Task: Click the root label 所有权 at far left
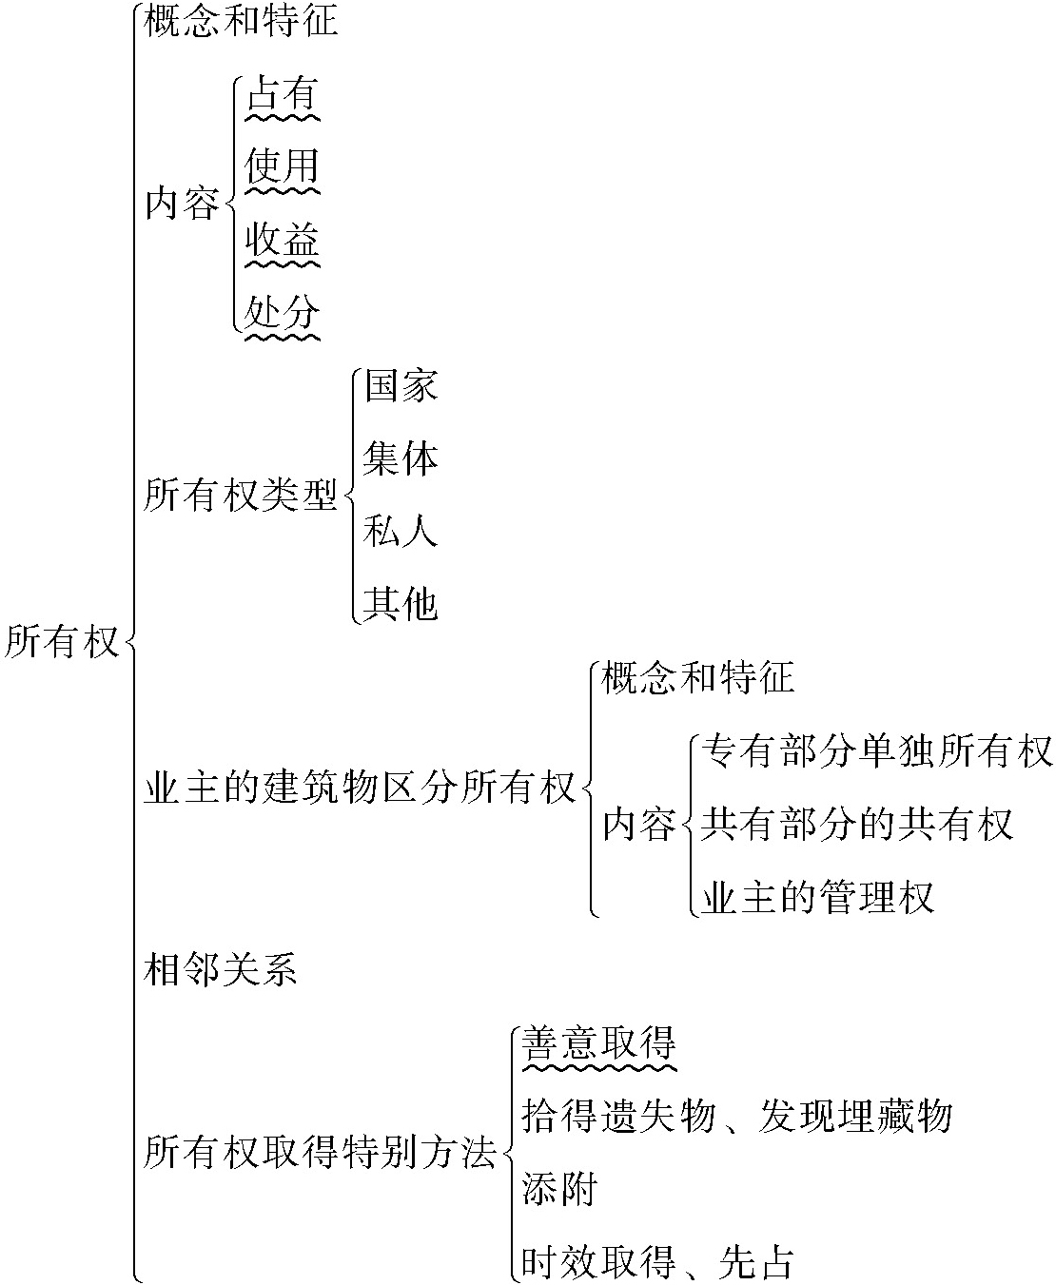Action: pos(62,642)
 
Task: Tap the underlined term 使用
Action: pos(282,167)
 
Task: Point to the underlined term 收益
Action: pos(282,240)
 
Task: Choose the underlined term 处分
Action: pos(282,312)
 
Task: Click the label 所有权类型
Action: pos(241,496)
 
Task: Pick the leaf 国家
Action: pos(401,387)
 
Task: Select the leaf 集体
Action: pos(401,459)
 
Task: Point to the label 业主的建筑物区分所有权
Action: pos(361,789)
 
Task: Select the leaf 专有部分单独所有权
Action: pos(876,752)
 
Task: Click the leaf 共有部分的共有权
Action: pos(856,825)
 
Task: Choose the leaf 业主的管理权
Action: pos(817,897)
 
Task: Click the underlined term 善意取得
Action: pos(599,1043)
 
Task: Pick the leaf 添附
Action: pos(559,1189)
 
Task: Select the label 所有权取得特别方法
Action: pos(321,1154)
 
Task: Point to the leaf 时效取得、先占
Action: pos(657,1262)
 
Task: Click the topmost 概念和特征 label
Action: pos(241,21)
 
